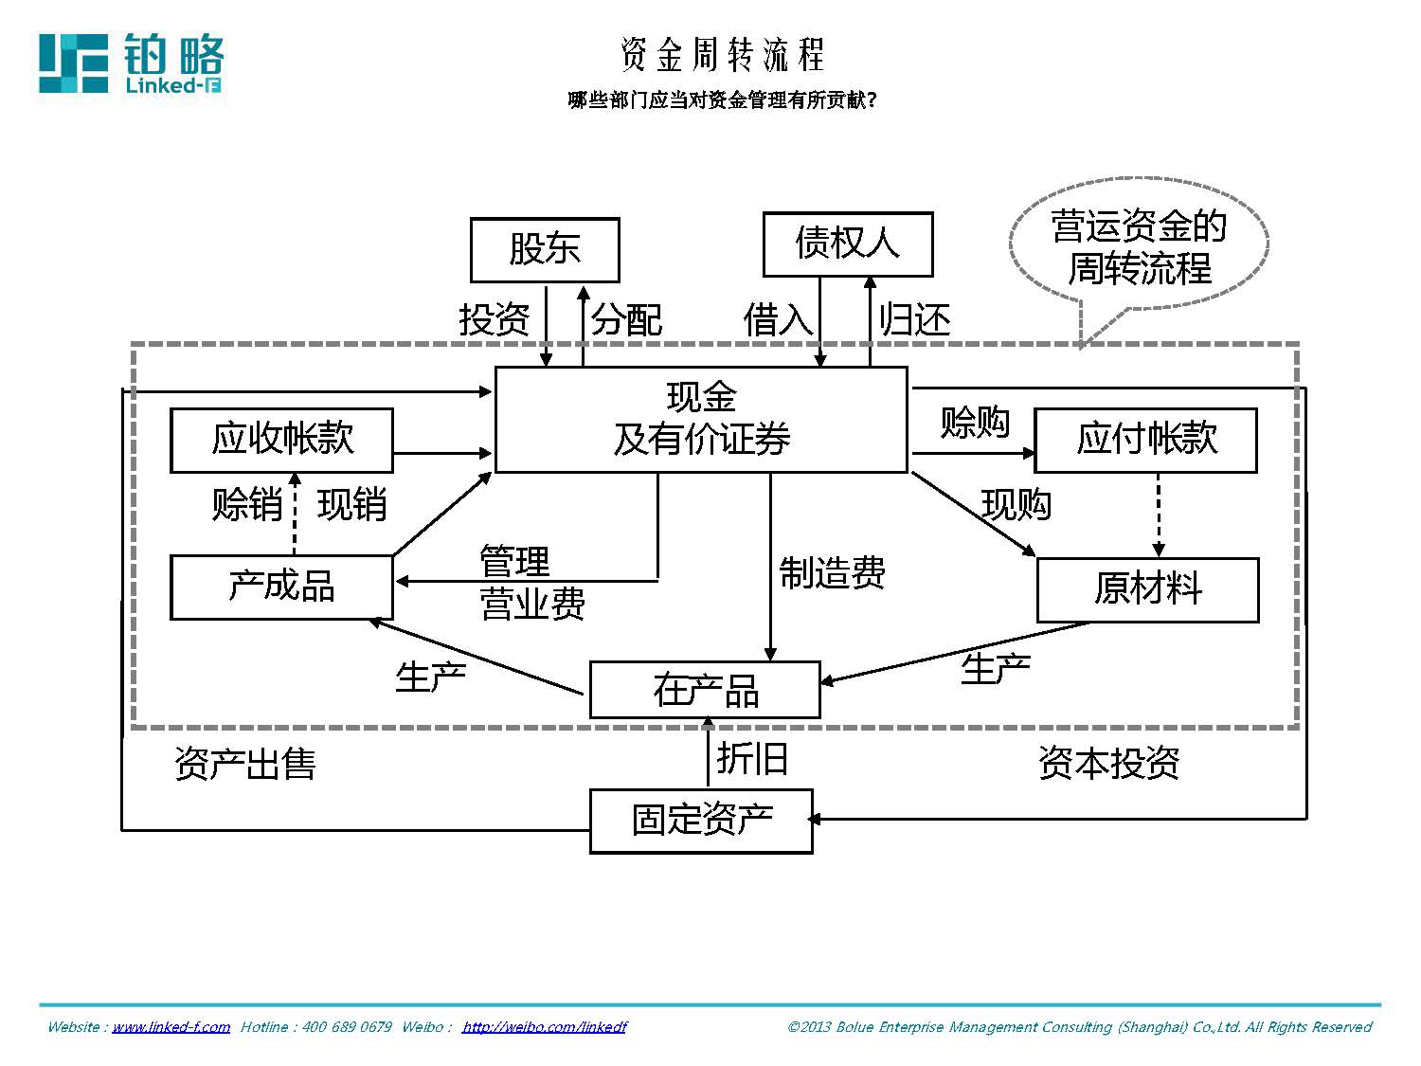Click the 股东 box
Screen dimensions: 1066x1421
pyautogui.click(x=545, y=249)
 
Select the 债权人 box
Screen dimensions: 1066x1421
pyautogui.click(x=848, y=244)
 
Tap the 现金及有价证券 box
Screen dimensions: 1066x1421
pyautogui.click(x=701, y=419)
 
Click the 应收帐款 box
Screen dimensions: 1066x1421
pyautogui.click(x=281, y=440)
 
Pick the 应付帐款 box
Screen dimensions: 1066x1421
pyautogui.click(x=1145, y=440)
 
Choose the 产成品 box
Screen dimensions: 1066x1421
pyautogui.click(x=281, y=587)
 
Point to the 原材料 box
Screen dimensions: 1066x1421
pyautogui.click(x=1147, y=589)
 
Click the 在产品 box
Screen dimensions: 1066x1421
pyautogui.click(x=705, y=690)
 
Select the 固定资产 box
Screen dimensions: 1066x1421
pyautogui.click(x=701, y=820)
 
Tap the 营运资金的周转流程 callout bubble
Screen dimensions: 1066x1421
pyautogui.click(x=1139, y=248)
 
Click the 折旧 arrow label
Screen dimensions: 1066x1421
pyautogui.click(x=752, y=759)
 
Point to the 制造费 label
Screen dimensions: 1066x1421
pyautogui.click(x=832, y=573)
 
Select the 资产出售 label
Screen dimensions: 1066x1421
pyautogui.click(x=244, y=764)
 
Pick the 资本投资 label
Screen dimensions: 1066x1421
pyautogui.click(x=1108, y=763)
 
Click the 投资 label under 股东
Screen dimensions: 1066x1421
pyautogui.click(x=494, y=320)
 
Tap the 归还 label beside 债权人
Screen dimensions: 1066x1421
pyautogui.click(x=914, y=320)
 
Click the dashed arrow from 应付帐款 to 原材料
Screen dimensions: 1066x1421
pyautogui.click(x=1158, y=515)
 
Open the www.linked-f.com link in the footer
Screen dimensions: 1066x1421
pyautogui.click(x=171, y=1027)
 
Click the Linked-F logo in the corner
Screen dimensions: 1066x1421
pyautogui.click(x=131, y=63)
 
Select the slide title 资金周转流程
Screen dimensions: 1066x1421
pyautogui.click(x=722, y=55)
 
